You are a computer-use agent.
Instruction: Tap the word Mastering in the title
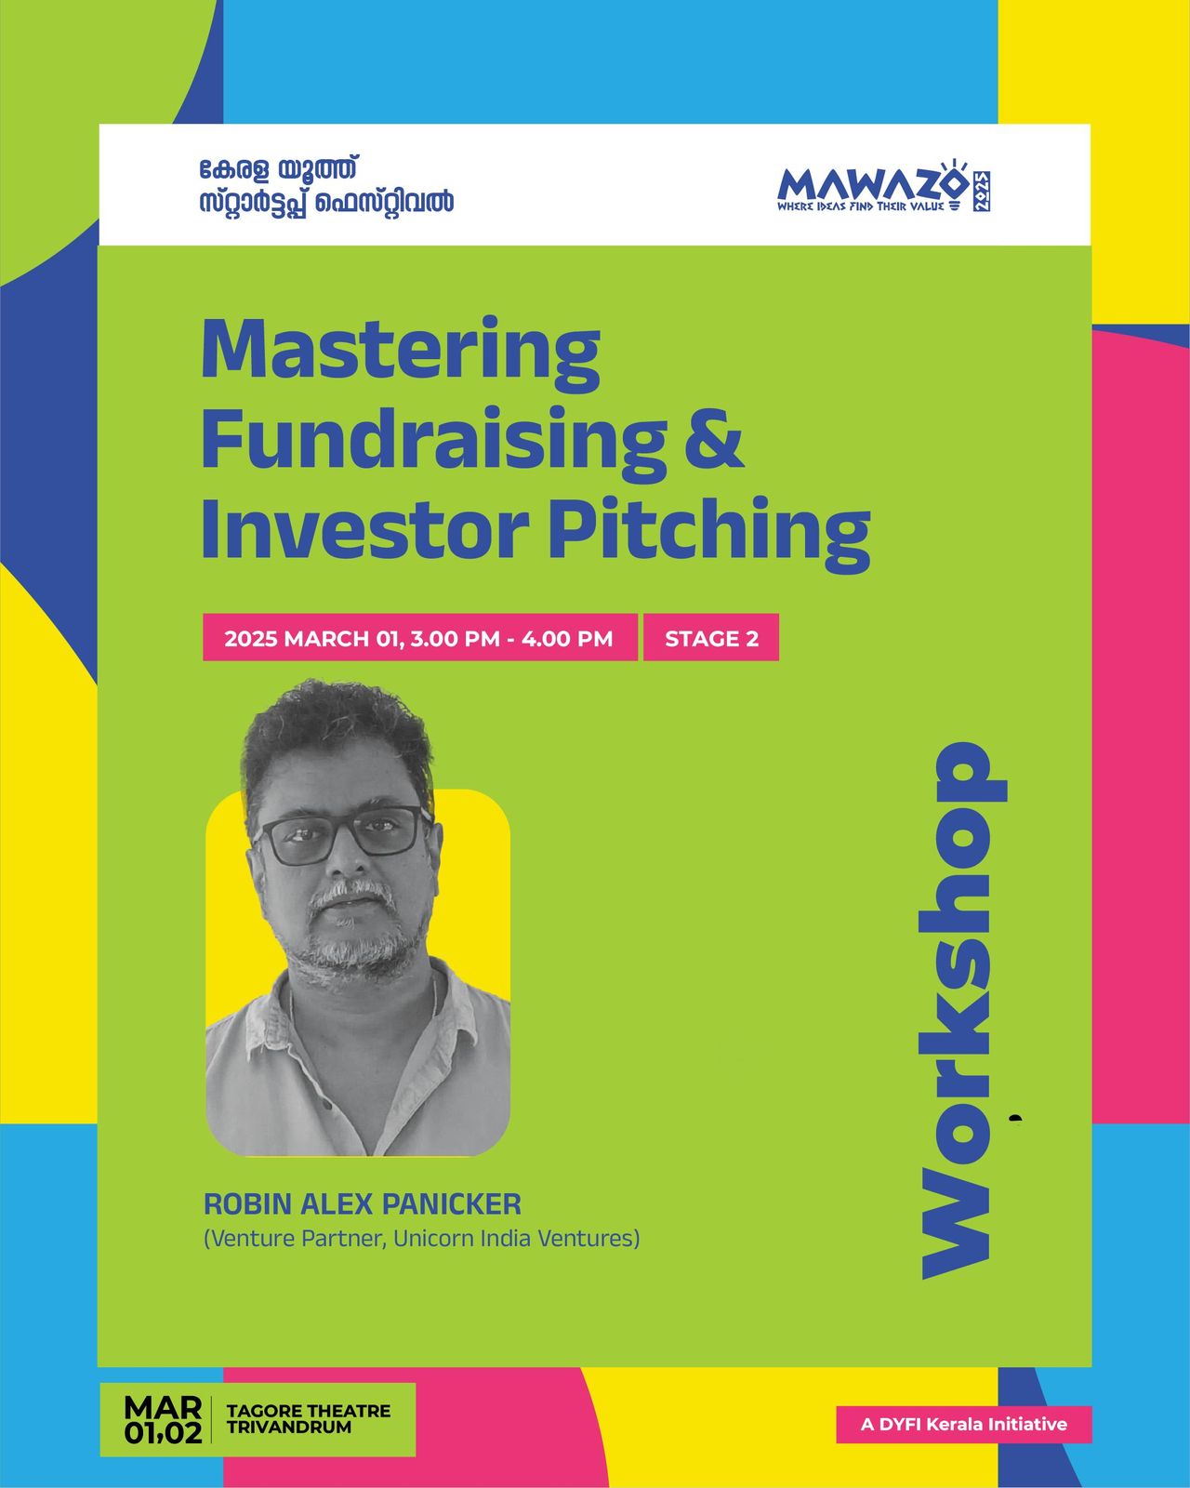(401, 354)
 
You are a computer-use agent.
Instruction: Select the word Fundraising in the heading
(433, 444)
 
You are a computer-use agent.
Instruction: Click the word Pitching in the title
(709, 533)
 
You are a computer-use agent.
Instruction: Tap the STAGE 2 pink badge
(711, 638)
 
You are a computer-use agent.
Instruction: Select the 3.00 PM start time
(455, 638)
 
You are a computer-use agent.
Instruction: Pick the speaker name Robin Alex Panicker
(363, 1203)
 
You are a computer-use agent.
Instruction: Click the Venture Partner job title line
(422, 1238)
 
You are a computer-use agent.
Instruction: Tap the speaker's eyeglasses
(342, 834)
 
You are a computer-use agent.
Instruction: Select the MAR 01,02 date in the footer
(164, 1420)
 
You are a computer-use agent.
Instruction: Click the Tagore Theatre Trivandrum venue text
(309, 1419)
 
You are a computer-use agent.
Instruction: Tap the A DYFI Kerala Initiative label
(963, 1424)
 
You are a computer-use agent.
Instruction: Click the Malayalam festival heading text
(326, 185)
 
